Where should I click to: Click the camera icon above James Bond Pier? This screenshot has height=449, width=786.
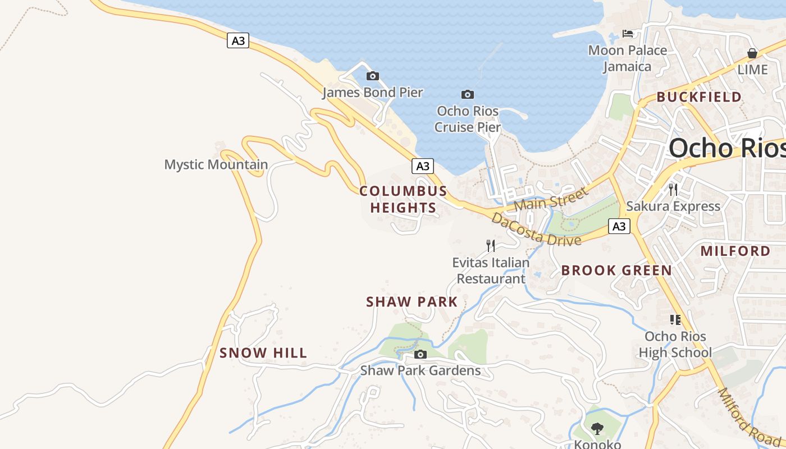[372, 76]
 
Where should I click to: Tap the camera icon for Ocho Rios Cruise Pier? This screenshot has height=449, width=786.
[467, 94]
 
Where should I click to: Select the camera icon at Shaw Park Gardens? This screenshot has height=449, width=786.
[420, 354]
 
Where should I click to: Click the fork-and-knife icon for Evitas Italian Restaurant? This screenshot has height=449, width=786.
[491, 245]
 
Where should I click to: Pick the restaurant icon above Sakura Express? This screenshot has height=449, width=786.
[673, 189]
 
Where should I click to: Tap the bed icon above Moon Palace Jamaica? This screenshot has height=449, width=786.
[628, 34]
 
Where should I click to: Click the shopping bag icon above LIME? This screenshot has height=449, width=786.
[752, 53]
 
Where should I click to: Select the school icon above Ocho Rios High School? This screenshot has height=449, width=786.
[675, 320]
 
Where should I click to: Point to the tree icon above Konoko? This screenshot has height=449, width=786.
[597, 429]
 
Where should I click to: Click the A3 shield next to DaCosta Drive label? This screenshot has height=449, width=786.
[619, 226]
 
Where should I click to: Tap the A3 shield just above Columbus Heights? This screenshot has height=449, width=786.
[423, 166]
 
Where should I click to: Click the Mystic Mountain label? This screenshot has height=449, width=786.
[216, 164]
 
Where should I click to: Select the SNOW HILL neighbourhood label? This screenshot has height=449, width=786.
[263, 353]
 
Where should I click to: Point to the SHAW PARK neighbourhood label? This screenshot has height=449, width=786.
[412, 302]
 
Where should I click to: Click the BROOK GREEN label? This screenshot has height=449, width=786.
[616, 271]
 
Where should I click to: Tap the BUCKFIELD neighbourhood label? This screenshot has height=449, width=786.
[699, 97]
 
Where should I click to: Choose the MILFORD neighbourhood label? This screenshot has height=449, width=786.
[735, 251]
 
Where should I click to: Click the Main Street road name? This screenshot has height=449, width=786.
[551, 199]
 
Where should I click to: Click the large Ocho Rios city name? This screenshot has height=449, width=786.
[726, 148]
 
